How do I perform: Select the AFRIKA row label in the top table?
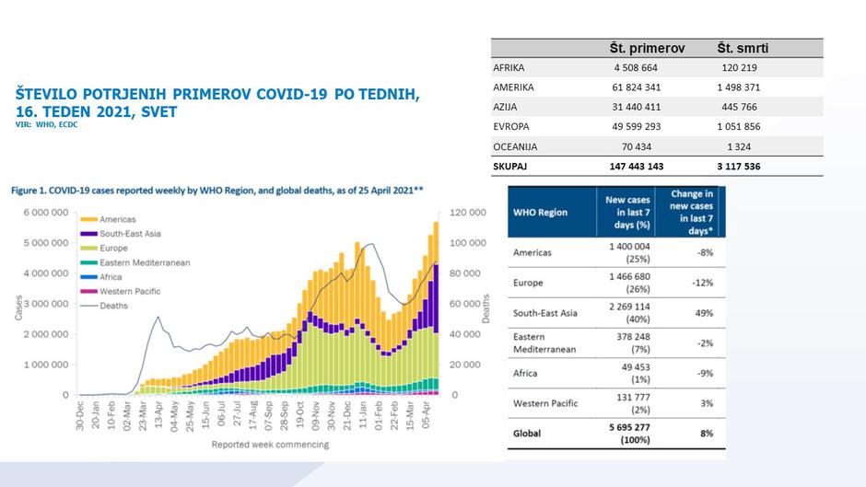click(509, 67)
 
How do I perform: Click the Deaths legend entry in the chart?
click(113, 306)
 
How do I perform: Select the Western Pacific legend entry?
click(129, 291)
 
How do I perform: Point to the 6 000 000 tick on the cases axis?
click(45, 213)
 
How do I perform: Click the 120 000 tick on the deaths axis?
click(467, 213)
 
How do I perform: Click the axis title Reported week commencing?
click(270, 445)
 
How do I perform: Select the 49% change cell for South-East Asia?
click(704, 313)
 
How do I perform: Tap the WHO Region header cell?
click(541, 213)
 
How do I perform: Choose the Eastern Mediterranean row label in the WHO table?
click(540, 342)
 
